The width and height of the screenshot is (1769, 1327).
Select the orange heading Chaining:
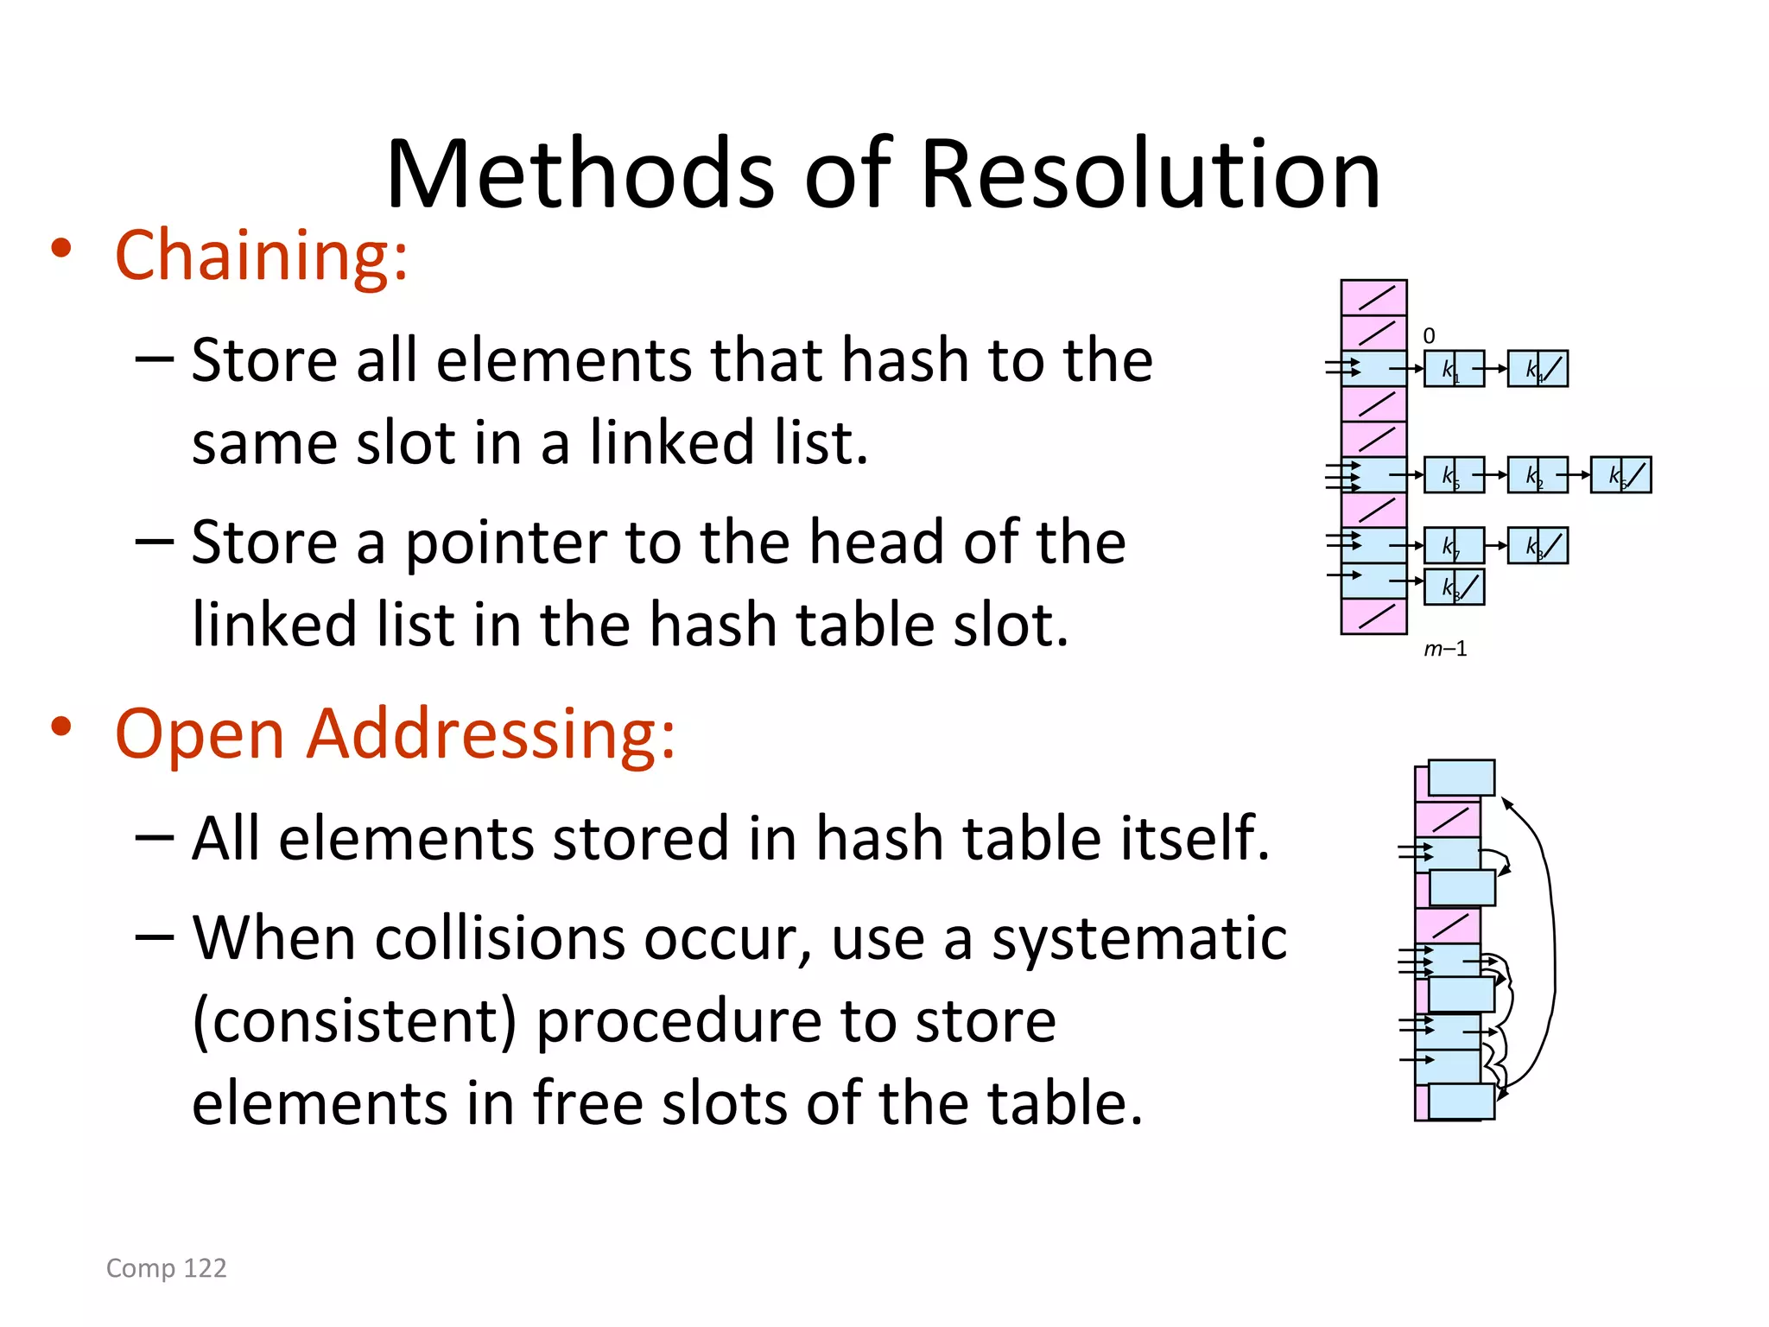(x=261, y=256)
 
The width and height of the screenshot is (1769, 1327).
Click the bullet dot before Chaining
(x=60, y=250)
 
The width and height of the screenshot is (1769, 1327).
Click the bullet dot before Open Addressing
(x=60, y=727)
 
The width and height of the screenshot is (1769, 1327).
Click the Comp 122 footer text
(x=166, y=1267)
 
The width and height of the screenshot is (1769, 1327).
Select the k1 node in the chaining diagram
(x=1453, y=369)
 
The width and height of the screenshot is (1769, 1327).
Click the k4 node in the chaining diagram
(x=1537, y=369)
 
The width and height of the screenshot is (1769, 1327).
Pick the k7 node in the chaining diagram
(x=1453, y=546)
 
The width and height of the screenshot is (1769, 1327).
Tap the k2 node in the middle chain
(x=1537, y=475)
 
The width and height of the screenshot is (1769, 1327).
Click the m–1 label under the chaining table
(x=1445, y=649)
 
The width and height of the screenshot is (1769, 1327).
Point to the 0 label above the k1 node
(x=1429, y=336)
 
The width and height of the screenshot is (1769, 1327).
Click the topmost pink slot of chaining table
(x=1373, y=298)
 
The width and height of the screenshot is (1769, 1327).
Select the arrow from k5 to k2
(x=1496, y=475)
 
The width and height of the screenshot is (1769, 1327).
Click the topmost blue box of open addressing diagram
(x=1461, y=778)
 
